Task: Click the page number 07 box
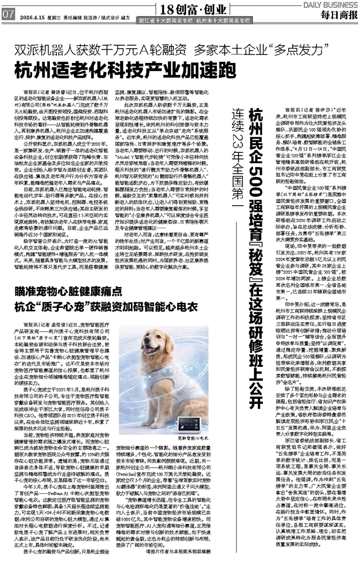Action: point(8,15)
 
